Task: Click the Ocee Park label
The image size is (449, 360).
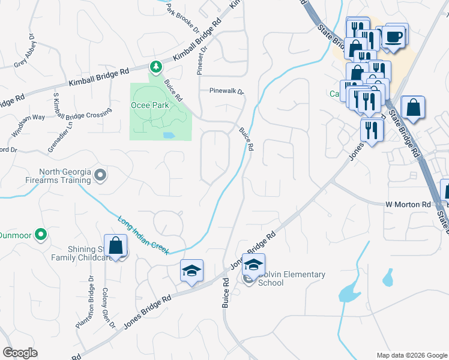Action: point(150,104)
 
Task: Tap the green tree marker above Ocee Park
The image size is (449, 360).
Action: point(155,67)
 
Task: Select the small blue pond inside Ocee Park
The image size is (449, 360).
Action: point(169,135)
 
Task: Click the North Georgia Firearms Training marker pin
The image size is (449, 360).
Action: point(100,176)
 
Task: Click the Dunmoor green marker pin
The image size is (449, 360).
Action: point(41,234)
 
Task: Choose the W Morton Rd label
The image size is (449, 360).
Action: point(408,205)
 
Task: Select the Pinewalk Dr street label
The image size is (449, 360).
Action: point(226,92)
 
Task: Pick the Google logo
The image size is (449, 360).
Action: point(20,353)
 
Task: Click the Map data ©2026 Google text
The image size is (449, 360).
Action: point(411,355)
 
